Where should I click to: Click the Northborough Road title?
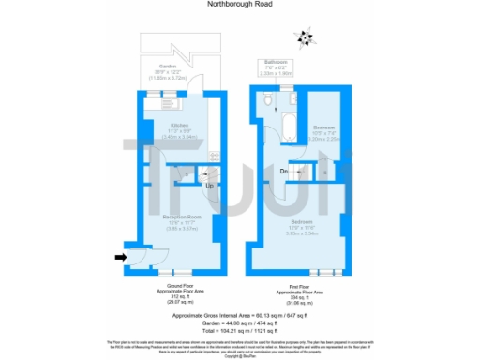click(239, 4)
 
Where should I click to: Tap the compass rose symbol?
click(304, 38)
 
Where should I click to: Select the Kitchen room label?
click(179, 129)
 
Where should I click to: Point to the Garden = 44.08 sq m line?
click(240, 324)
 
